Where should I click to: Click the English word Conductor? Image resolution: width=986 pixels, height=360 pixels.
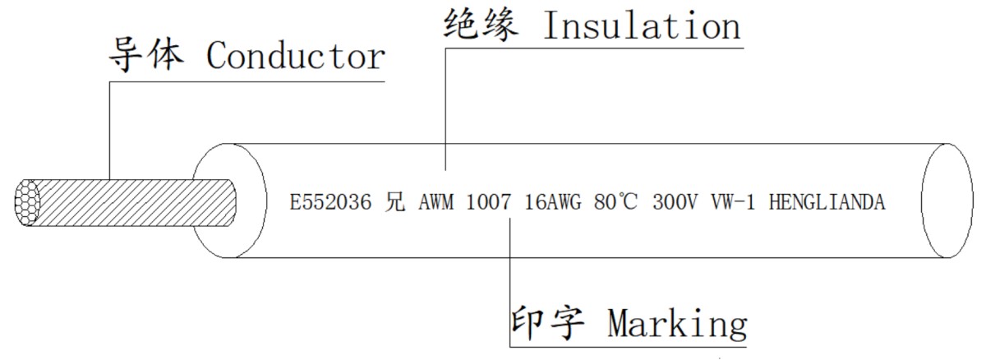[296, 56]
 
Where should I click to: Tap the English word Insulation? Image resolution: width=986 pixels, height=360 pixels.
[643, 25]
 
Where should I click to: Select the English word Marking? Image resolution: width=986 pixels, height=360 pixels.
[677, 325]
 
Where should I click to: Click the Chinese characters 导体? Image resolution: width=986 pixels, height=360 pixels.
[146, 54]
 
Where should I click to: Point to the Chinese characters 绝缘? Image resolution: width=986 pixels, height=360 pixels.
[481, 25]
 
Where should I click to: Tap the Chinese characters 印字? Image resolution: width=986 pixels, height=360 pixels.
[547, 323]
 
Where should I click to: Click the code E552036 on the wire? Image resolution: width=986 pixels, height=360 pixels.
[330, 202]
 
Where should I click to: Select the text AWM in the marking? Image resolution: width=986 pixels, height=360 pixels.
[435, 202]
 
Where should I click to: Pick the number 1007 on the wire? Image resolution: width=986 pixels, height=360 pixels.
[488, 202]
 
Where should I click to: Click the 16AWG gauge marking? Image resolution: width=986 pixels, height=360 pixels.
[553, 202]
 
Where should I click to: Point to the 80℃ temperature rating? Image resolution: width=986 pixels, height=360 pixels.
[615, 202]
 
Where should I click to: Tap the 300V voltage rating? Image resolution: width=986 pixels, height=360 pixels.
[675, 202]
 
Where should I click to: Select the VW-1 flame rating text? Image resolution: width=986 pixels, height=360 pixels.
[733, 202]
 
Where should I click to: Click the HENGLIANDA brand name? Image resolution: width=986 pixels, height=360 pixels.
[827, 202]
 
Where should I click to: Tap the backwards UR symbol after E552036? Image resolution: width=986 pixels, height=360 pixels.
[394, 202]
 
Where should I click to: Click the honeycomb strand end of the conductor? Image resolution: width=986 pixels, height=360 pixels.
[27, 202]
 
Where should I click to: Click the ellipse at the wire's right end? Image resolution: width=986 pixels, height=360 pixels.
[947, 201]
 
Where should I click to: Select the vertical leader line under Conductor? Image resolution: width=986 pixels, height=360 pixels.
[109, 131]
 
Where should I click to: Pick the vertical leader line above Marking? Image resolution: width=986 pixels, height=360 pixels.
[510, 283]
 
